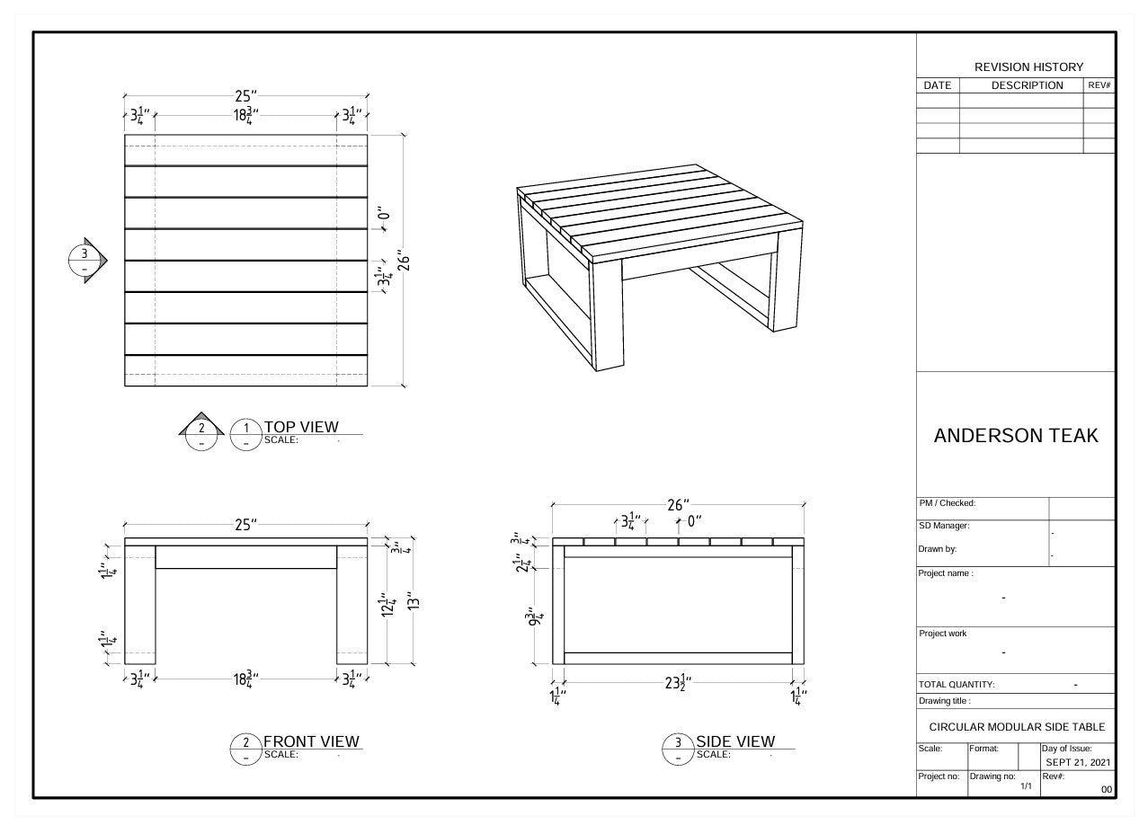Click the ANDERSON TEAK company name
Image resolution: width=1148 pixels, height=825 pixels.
1016,436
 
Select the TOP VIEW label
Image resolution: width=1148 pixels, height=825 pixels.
301,427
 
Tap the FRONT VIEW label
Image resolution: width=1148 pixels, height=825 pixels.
311,741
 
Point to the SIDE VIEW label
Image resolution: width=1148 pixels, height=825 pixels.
734,741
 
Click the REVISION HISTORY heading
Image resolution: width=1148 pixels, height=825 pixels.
1028,67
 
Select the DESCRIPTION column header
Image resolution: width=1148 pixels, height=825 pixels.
1027,85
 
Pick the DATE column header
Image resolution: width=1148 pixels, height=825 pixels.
937,85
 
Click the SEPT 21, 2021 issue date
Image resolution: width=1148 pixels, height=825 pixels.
1078,762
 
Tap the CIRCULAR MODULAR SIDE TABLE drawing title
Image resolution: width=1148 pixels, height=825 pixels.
1017,726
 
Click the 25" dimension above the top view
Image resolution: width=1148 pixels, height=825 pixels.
245,96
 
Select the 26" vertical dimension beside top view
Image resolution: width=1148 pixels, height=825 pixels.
404,261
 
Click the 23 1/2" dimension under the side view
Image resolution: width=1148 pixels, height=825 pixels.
676,682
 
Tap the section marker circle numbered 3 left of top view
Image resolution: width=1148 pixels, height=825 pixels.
85,261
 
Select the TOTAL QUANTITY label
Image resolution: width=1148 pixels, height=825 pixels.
957,685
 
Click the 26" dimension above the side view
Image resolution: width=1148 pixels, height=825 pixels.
678,506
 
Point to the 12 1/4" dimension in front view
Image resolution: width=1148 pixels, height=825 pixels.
387,606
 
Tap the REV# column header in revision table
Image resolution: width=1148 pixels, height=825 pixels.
1099,85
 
